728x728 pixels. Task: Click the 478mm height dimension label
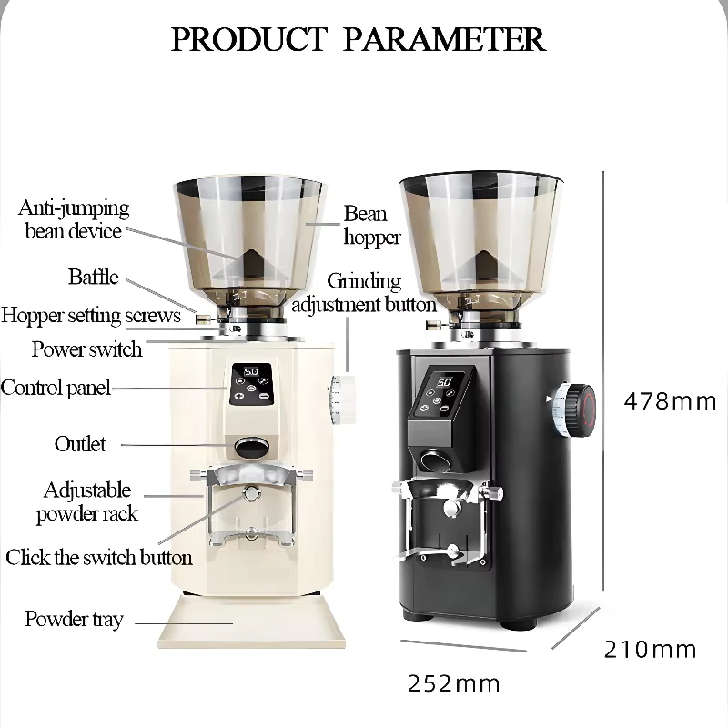[670, 401]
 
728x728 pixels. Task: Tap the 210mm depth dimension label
[650, 649]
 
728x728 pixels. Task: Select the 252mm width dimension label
[453, 683]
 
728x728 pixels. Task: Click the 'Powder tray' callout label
[74, 619]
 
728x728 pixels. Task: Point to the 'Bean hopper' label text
[371, 225]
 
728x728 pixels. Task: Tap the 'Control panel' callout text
[56, 388]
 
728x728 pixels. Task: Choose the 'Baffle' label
[94, 277]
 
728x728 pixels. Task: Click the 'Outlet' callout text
[80, 444]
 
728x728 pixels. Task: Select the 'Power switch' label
[86, 349]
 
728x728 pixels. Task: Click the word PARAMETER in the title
[444, 39]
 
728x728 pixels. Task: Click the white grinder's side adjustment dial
[343, 399]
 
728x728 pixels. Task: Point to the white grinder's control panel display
[251, 384]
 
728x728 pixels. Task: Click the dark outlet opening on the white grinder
[252, 447]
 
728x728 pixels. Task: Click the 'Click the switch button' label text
[99, 557]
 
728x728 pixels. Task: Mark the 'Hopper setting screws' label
[91, 315]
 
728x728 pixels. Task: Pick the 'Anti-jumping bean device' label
[74, 219]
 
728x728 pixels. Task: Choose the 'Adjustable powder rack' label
[87, 502]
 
